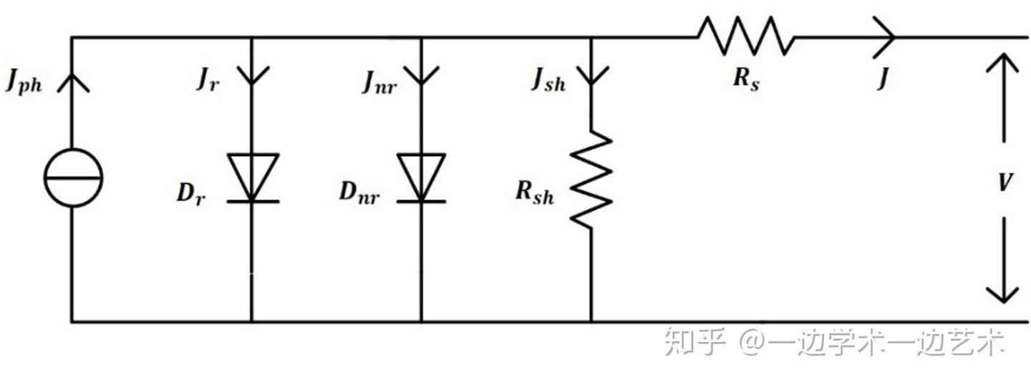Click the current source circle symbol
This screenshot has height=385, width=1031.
pos(72,177)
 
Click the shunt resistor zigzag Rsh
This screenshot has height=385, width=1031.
pos(591,180)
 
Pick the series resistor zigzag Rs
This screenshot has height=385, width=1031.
pos(746,36)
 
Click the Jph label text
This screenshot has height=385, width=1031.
pos(24,82)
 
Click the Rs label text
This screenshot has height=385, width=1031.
pos(746,79)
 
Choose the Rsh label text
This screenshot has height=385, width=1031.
pos(536,192)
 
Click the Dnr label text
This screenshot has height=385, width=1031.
pos(358,193)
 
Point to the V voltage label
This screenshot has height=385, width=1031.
pos(1005,183)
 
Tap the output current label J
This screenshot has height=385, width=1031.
pos(883,79)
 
